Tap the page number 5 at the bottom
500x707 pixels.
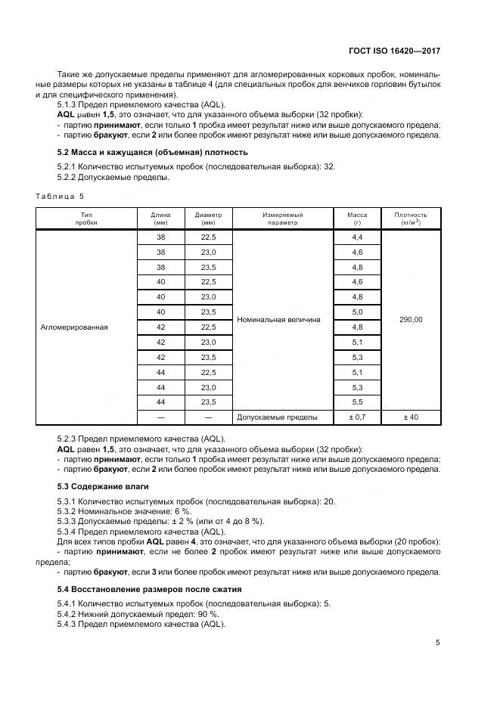437,643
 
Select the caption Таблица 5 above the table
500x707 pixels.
60,197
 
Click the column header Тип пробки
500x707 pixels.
85,219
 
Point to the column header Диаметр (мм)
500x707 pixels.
208,219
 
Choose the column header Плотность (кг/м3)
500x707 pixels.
410,219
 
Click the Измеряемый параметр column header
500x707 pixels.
283,219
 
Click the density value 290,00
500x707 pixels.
410,320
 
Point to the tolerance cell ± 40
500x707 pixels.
410,417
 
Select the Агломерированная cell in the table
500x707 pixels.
74,327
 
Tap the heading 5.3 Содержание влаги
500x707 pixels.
103,485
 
